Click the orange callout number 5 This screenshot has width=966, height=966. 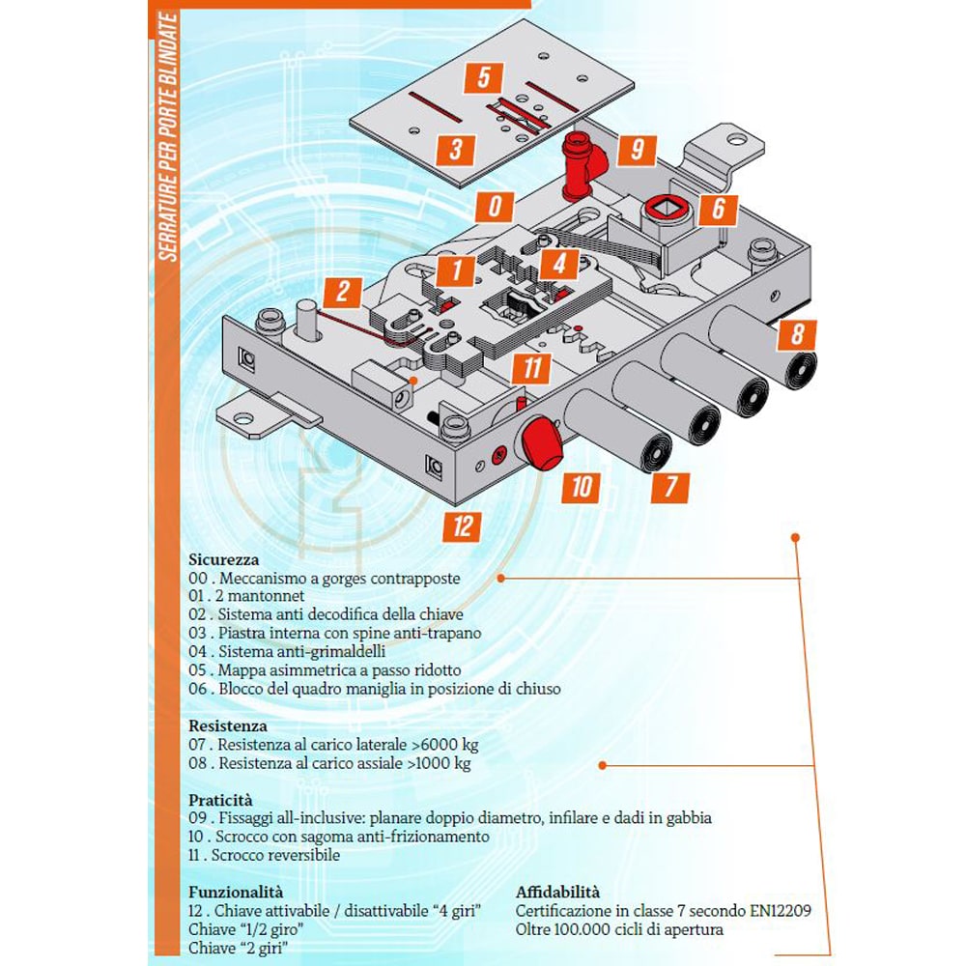tap(484, 77)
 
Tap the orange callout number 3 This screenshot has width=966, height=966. tap(456, 149)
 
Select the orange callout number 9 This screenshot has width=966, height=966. tap(636, 150)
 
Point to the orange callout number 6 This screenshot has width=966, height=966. tap(719, 208)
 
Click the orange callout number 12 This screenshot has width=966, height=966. tap(465, 526)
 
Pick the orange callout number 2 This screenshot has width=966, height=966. tap(342, 292)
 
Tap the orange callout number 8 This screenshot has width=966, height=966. tap(797, 334)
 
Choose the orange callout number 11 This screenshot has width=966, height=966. tap(531, 367)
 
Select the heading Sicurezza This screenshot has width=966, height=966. tap(224, 559)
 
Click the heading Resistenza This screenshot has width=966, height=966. tap(228, 725)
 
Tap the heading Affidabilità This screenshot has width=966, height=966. tap(557, 893)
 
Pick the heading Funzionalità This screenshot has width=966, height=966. tap(236, 893)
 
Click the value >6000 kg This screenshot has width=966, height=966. tap(442, 745)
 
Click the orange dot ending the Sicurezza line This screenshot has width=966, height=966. tap(501, 578)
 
